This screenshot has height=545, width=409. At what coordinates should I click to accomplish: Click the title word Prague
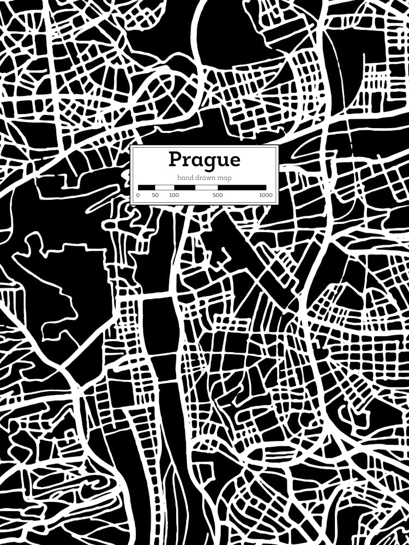pyautogui.click(x=204, y=160)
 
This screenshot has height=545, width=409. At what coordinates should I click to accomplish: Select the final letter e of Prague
pyautogui.click(x=233, y=160)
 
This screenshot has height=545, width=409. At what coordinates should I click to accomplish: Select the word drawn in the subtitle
pyautogui.click(x=203, y=178)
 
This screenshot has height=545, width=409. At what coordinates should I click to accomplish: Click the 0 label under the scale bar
pyautogui.click(x=138, y=195)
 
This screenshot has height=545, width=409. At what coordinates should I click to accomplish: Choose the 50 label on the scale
pyautogui.click(x=155, y=195)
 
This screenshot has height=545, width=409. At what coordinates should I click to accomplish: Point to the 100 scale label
pyautogui.click(x=174, y=195)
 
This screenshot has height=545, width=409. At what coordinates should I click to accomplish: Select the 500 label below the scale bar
pyautogui.click(x=218, y=195)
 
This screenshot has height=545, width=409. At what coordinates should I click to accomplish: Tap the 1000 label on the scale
pyautogui.click(x=266, y=195)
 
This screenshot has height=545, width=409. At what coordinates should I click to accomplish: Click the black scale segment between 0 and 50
pyautogui.click(x=147, y=187)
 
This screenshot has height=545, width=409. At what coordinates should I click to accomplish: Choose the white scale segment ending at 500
pyautogui.click(x=207, y=187)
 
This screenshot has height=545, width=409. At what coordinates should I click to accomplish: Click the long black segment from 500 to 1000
pyautogui.click(x=242, y=187)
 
